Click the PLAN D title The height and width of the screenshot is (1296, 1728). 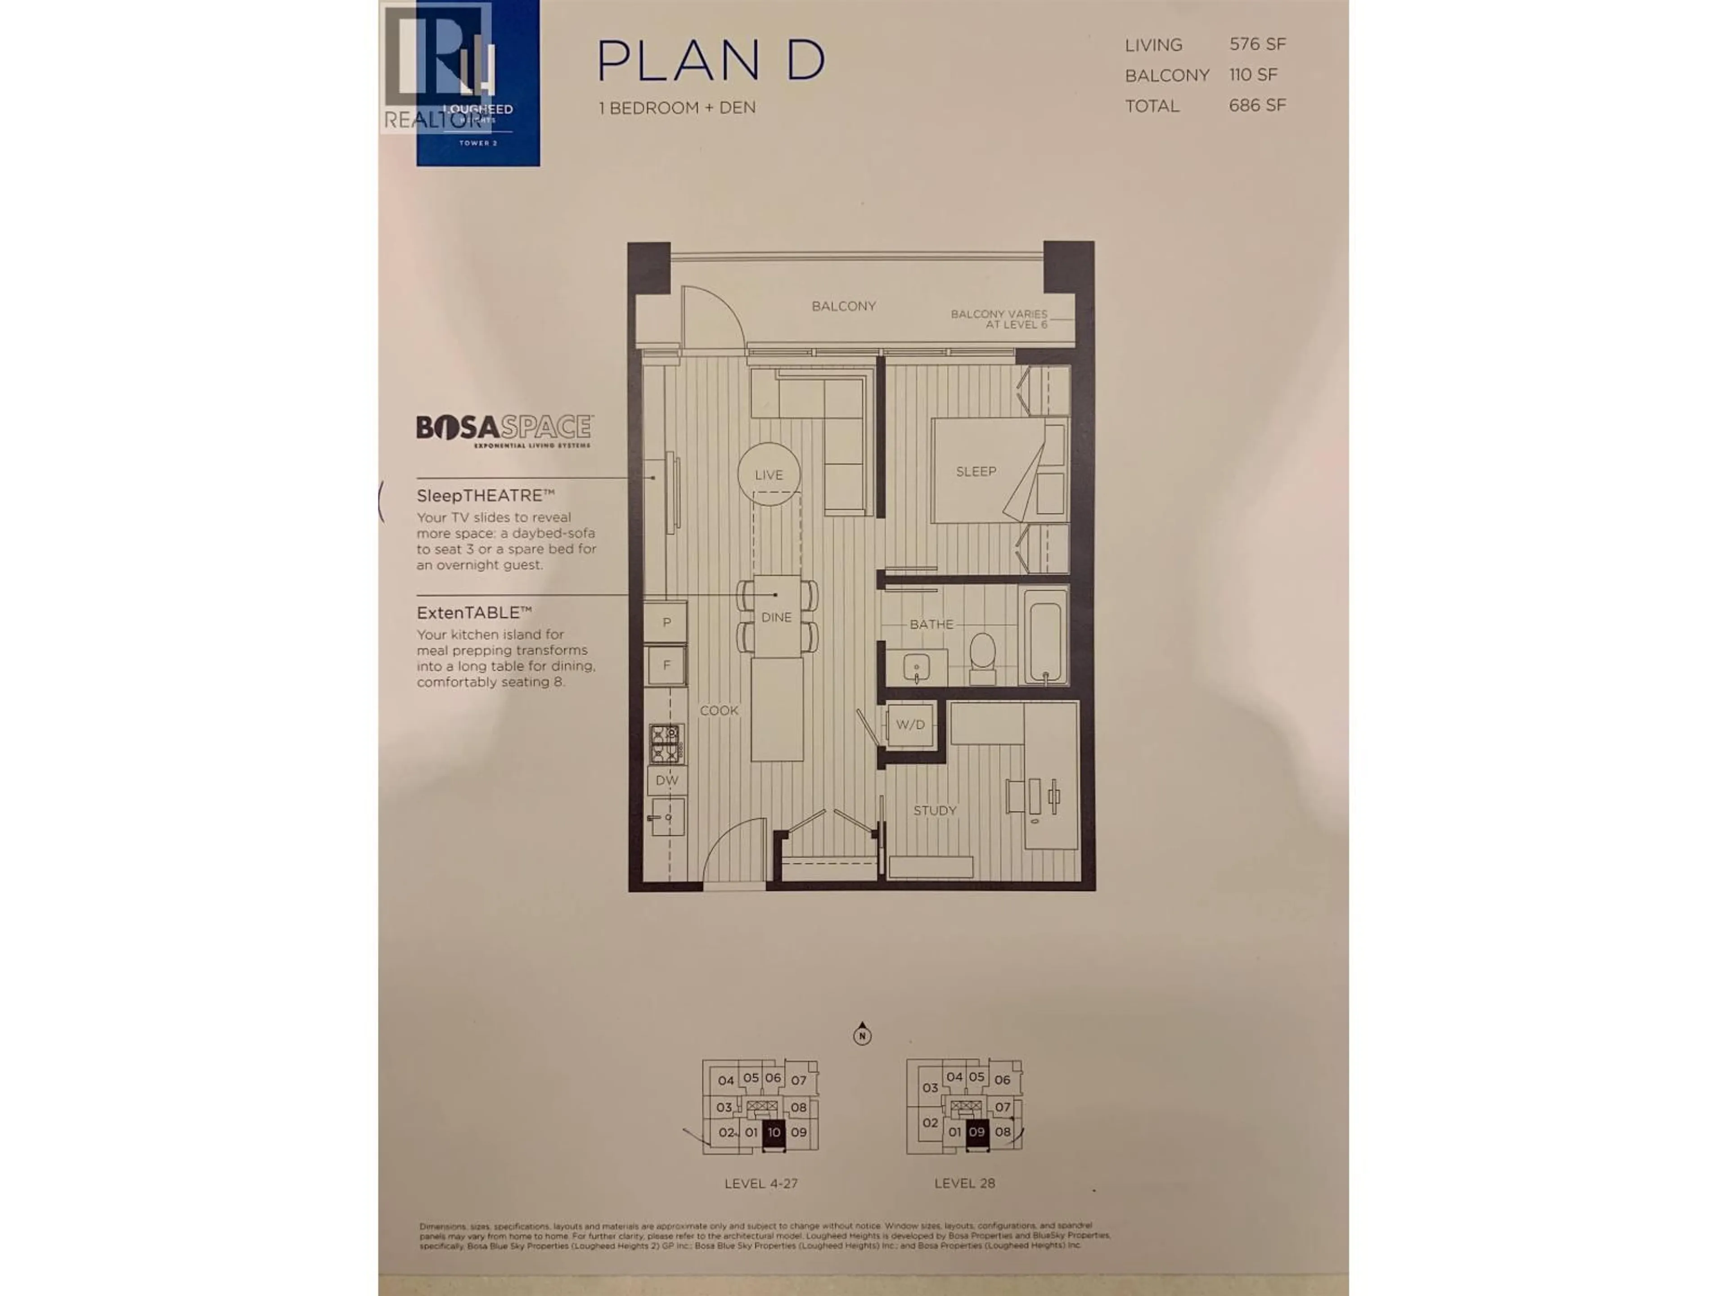(711, 60)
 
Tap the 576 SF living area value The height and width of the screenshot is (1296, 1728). (1257, 45)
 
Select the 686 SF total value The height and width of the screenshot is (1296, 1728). (1257, 105)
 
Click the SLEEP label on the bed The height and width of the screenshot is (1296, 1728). (976, 471)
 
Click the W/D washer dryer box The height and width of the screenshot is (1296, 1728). (910, 725)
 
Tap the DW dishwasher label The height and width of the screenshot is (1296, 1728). (666, 780)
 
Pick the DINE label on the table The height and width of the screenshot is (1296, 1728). (777, 617)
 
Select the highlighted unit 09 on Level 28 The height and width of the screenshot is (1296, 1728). (976, 1132)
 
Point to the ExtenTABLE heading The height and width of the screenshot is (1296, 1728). (474, 612)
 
